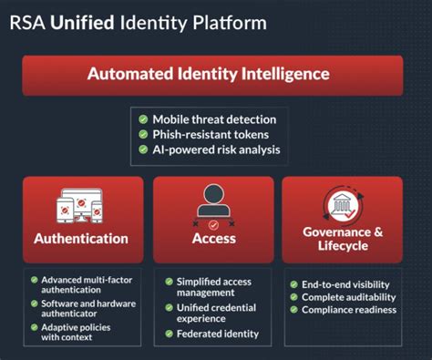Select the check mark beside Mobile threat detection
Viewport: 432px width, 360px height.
click(143, 119)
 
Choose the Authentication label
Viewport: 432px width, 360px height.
click(81, 239)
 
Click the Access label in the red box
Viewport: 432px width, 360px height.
click(214, 239)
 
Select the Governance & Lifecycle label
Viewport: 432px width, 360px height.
click(343, 239)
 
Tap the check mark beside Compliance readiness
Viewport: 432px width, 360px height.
click(293, 310)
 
